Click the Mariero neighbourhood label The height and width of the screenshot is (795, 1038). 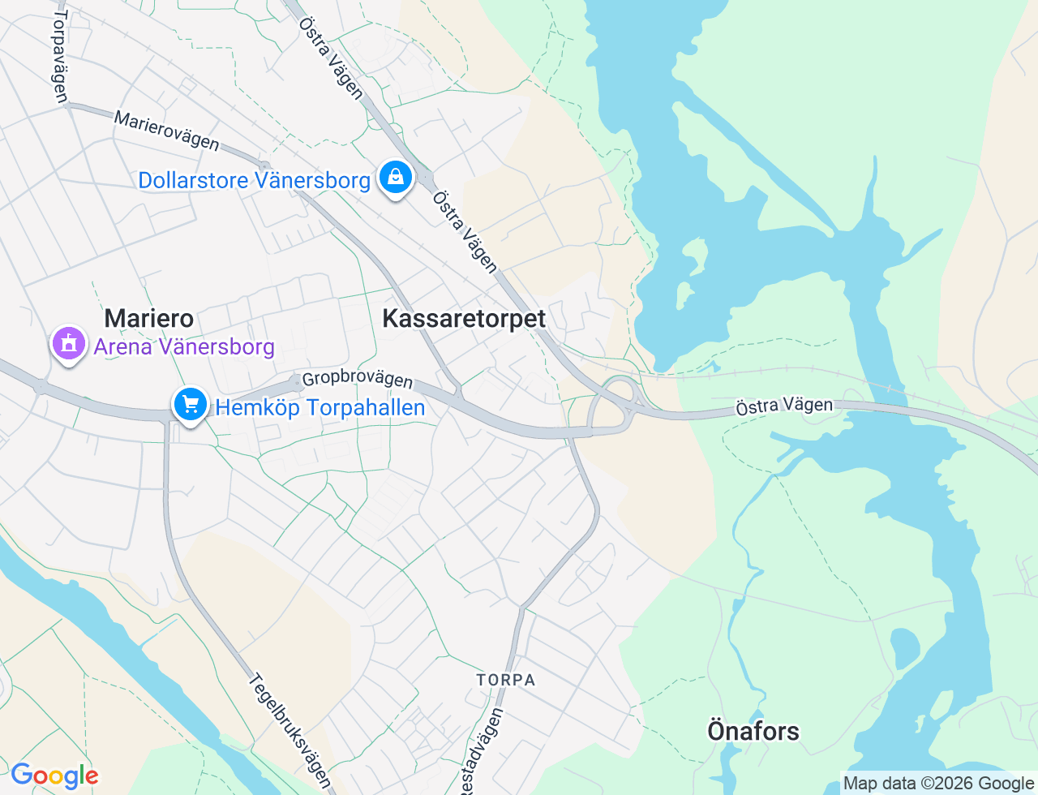click(x=149, y=318)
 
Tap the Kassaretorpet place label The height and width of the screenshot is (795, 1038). click(x=464, y=319)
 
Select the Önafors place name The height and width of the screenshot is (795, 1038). click(x=753, y=731)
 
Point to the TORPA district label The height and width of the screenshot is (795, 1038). click(x=506, y=680)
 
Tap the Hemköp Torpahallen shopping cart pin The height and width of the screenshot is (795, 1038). click(x=191, y=404)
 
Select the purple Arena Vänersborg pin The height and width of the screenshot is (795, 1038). click(x=69, y=344)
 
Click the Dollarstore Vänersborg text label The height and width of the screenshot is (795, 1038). click(x=254, y=180)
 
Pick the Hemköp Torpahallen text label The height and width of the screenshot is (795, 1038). click(x=320, y=407)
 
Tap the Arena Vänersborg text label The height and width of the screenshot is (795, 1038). click(x=184, y=347)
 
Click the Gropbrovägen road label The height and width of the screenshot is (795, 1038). click(x=357, y=380)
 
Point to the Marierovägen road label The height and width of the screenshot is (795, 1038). click(x=166, y=131)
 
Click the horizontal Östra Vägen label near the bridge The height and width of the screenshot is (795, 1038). click(x=784, y=406)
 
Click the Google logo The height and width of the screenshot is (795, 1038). click(x=54, y=776)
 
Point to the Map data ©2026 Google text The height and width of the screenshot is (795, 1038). click(x=938, y=784)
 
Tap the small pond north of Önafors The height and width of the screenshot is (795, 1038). click(x=904, y=647)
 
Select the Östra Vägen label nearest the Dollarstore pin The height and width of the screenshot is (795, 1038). click(x=465, y=232)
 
